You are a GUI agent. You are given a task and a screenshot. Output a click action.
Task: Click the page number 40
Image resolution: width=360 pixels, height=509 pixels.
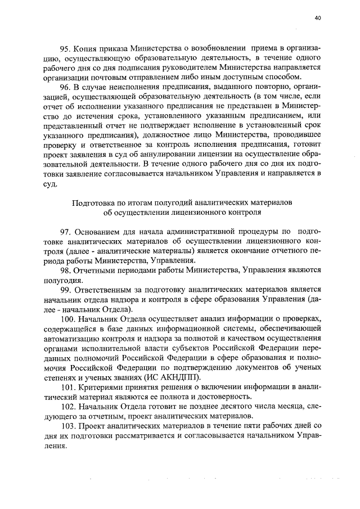point(318,18)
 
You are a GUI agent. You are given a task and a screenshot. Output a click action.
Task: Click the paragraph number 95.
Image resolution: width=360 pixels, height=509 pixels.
point(66,49)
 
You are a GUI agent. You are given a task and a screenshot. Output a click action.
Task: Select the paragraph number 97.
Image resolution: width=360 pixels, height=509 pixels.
point(66,232)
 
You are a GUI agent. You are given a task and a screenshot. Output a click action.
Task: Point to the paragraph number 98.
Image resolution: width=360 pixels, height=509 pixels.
point(66,270)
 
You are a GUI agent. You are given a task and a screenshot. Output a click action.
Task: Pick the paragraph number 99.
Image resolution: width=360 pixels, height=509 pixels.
point(66,289)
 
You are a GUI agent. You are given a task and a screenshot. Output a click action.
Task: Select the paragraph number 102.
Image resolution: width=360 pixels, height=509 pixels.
point(68,406)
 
